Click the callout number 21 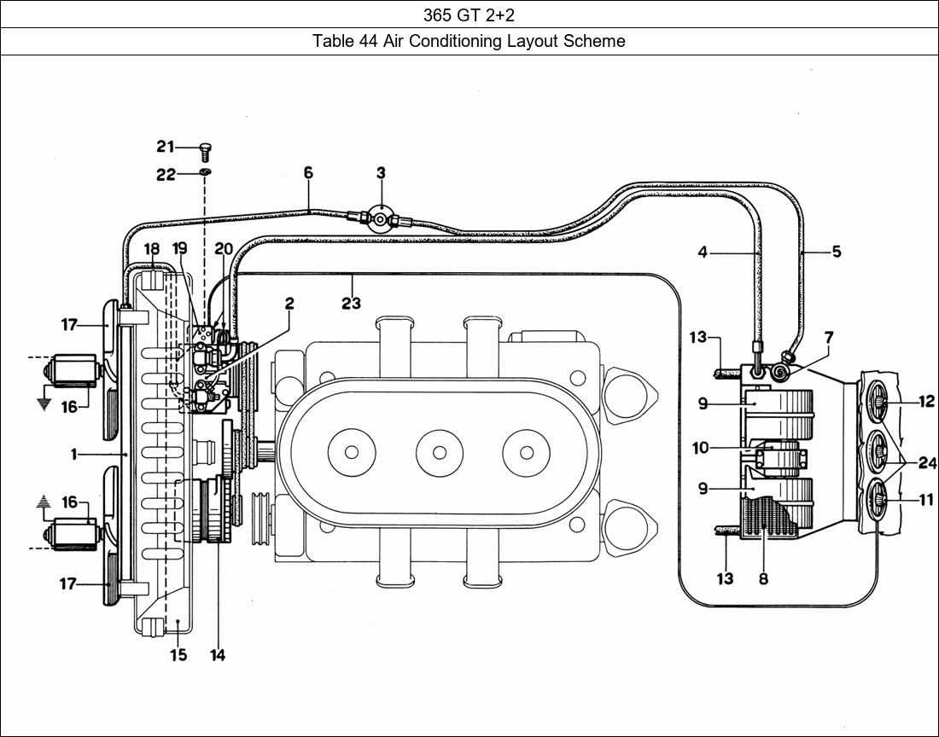[x=165, y=148]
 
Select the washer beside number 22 [x=206, y=173]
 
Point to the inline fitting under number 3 [x=380, y=218]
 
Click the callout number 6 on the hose [x=308, y=173]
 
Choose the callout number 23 [x=351, y=302]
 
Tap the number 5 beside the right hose [x=836, y=252]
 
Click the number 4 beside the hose [x=703, y=252]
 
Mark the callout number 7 [x=828, y=339]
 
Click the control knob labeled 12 [x=879, y=401]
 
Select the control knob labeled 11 [x=879, y=499]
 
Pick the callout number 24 [x=926, y=463]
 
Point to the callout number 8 [x=762, y=578]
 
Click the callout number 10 [x=700, y=448]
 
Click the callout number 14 [x=218, y=655]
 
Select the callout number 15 [x=178, y=655]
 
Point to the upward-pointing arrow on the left [x=41, y=502]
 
